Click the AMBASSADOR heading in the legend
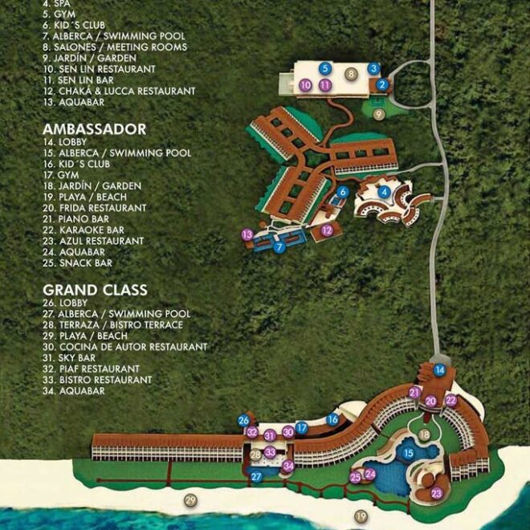click(x=95, y=129)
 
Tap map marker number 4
click(x=385, y=191)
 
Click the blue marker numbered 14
click(x=440, y=370)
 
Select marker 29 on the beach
click(x=190, y=501)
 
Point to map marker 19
click(x=361, y=516)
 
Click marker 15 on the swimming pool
click(x=408, y=454)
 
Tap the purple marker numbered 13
click(x=247, y=234)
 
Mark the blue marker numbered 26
click(x=243, y=420)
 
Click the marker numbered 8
click(x=350, y=74)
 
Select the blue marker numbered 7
click(x=279, y=247)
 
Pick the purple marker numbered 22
click(x=450, y=400)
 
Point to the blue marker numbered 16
click(x=332, y=419)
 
